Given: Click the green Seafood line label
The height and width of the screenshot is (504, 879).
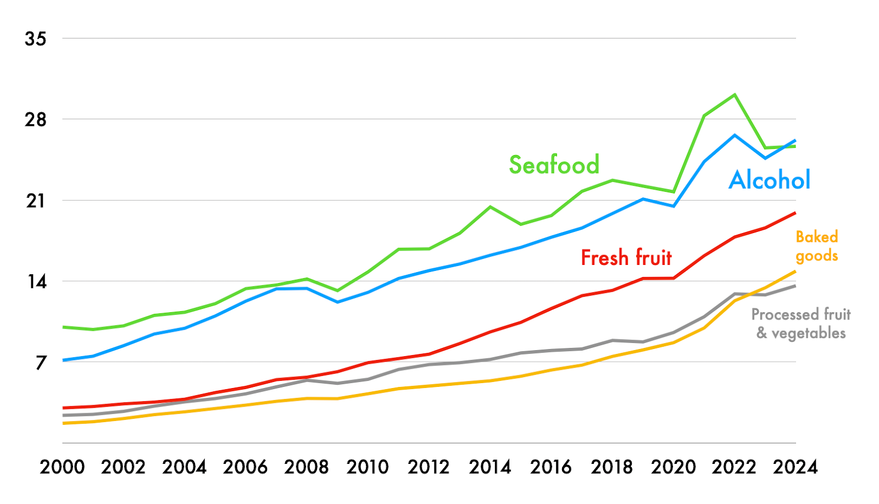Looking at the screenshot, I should pyautogui.click(x=554, y=165).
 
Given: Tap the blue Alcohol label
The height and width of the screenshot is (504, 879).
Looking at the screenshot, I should pyautogui.click(x=769, y=180).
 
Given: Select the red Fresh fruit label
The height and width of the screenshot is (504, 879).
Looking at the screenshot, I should pyautogui.click(x=626, y=257).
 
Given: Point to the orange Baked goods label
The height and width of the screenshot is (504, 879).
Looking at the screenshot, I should pyautogui.click(x=817, y=246).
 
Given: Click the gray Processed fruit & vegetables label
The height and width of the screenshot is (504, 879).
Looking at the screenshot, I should pyautogui.click(x=801, y=324).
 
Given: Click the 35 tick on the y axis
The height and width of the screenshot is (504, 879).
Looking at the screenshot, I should pyautogui.click(x=36, y=39).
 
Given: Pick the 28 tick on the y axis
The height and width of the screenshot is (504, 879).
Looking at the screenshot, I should pyautogui.click(x=36, y=120).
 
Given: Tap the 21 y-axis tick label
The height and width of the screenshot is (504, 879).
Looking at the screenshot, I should pyautogui.click(x=36, y=201).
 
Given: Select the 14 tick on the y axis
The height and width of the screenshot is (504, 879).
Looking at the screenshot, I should pyautogui.click(x=36, y=282).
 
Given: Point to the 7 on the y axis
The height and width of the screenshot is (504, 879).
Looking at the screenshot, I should pyautogui.click(x=41, y=363).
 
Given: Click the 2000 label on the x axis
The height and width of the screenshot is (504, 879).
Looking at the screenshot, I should pyautogui.click(x=63, y=467).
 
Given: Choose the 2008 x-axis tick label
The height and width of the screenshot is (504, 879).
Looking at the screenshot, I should pyautogui.click(x=307, y=467).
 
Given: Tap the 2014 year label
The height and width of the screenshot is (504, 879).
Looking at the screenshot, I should pyautogui.click(x=490, y=467).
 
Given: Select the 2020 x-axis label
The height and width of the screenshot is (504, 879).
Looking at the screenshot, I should pyautogui.click(x=674, y=467).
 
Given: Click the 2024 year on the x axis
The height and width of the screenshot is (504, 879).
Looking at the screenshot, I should pyautogui.click(x=795, y=467).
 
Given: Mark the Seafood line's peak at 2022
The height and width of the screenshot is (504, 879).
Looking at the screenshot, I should pyautogui.click(x=735, y=95).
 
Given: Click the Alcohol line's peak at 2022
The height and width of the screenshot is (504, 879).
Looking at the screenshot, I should pyautogui.click(x=735, y=135).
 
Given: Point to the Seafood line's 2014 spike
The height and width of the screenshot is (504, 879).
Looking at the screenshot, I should pyautogui.click(x=490, y=207).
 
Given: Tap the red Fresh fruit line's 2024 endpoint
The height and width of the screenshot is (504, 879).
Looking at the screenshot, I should pyautogui.click(x=795, y=213).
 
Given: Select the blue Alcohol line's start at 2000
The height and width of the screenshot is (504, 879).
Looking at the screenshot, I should pyautogui.click(x=63, y=360).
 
